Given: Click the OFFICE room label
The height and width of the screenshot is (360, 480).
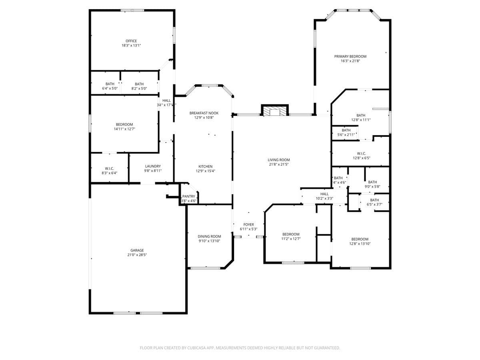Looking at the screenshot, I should tap(131, 41).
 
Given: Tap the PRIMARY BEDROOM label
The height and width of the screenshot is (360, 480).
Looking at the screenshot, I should tap(350, 56).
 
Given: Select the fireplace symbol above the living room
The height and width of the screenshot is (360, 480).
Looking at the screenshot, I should tap(274, 111).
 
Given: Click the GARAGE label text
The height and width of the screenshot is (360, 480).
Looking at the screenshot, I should tap(137, 250).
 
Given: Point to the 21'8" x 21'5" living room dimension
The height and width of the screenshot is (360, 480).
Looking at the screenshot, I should tap(278, 164).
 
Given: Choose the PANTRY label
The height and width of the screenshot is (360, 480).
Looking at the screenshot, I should tap(188, 196).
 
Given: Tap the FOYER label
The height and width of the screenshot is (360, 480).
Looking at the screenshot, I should tap(248, 224).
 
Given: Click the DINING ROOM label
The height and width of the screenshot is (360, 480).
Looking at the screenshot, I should tap(209, 236).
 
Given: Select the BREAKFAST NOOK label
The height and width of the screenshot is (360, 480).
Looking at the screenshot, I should tap(204, 113).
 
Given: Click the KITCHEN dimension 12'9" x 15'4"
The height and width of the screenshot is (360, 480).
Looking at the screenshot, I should tap(205, 171).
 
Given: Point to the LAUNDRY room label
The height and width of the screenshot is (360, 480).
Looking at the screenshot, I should tap(153, 166).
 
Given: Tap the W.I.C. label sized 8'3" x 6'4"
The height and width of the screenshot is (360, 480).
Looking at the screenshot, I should tap(109, 168).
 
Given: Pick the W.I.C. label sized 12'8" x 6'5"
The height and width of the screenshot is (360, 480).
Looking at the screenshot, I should tap(361, 153).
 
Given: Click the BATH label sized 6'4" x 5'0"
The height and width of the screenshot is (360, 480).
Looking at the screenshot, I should tap(110, 84).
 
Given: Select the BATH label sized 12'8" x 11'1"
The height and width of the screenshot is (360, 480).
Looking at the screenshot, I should tap(360, 115).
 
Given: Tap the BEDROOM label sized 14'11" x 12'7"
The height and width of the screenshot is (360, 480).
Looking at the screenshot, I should tap(125, 124).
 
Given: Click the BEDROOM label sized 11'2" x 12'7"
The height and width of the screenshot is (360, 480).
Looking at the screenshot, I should tap(291, 234).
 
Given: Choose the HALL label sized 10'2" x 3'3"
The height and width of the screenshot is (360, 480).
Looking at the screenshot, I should tap(324, 194).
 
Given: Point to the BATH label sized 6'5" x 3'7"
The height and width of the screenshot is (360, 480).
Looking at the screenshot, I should tap(374, 200).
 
